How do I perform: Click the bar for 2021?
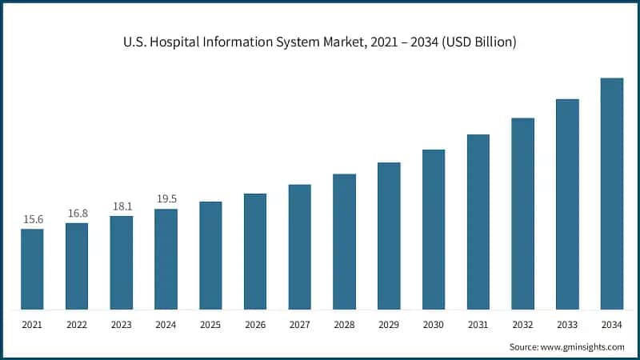(32, 269)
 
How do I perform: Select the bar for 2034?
(612, 194)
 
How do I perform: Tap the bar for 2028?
(344, 242)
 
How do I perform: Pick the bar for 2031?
(478, 222)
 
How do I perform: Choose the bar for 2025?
(210, 255)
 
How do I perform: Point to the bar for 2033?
(567, 204)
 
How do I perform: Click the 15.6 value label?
(32, 219)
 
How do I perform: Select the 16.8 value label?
(77, 213)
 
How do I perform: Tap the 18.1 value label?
(122, 206)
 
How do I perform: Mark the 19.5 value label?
(166, 199)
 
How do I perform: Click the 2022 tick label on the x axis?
(77, 326)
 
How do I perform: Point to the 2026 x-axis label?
(255, 326)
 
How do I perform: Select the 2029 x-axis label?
(389, 326)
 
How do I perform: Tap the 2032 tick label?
(522, 326)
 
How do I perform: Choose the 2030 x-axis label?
(434, 326)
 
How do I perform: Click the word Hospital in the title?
(169, 42)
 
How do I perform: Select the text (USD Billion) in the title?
(478, 42)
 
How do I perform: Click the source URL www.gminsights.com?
(584, 347)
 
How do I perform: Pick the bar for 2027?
(300, 247)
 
